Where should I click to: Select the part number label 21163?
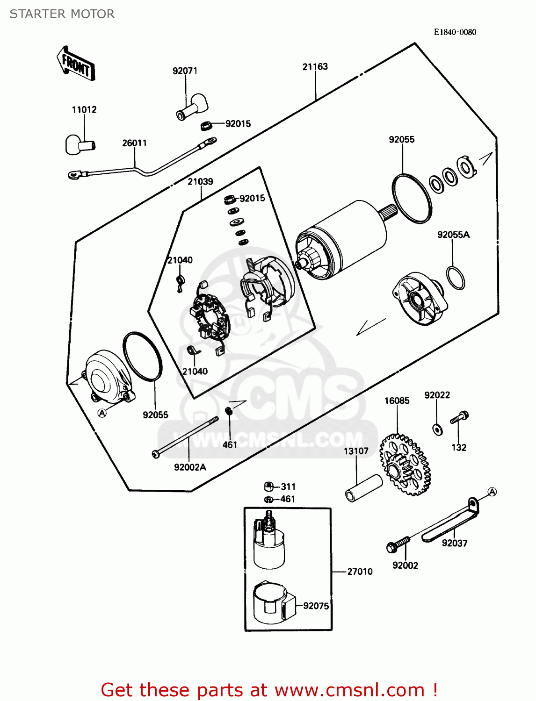pos(315,67)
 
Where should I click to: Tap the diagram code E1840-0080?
pos(455,32)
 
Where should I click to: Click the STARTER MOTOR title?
pos(62,14)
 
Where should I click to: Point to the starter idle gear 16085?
pos(405,465)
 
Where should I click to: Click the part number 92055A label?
pos(453,235)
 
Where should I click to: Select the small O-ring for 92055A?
pos(455,278)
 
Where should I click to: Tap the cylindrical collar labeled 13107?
pos(364,488)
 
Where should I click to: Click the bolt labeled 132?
pos(459,417)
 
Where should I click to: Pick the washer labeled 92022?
pos(438,429)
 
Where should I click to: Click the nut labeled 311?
pos(269,486)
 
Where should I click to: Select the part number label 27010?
pos(360,572)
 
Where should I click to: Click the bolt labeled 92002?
pos(398,544)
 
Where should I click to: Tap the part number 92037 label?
pos(454,543)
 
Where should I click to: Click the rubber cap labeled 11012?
pos(79,144)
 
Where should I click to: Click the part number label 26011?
pos(134,143)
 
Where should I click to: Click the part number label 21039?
pos(200,181)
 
